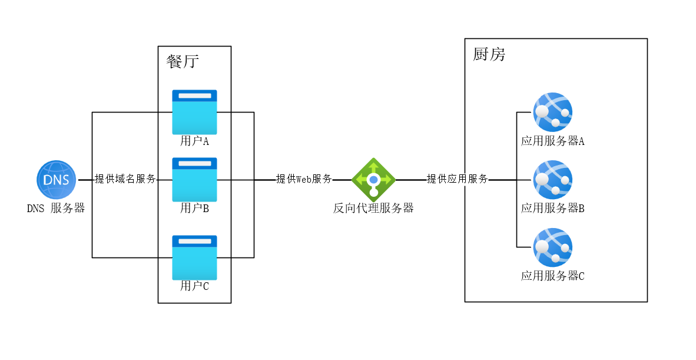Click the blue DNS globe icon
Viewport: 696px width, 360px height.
point(57,179)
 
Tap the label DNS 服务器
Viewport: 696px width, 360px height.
point(56,208)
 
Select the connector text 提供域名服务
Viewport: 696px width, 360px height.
point(125,179)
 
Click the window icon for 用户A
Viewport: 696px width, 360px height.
point(194,112)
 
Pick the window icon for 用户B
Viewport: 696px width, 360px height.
point(194,179)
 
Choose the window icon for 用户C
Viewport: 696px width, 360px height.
point(194,257)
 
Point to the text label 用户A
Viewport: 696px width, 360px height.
point(194,141)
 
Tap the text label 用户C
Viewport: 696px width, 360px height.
point(194,286)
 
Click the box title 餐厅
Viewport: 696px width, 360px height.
point(183,61)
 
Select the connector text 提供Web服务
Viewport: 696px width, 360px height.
point(304,179)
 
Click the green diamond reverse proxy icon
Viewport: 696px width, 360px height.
point(373,179)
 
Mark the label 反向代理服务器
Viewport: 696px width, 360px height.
point(373,208)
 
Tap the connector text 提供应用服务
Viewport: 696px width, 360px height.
point(458,179)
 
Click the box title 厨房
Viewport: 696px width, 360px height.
point(489,55)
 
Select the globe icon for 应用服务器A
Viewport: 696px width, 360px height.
point(552,112)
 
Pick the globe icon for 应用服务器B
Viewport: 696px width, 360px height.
point(552,179)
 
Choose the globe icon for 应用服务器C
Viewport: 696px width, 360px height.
point(552,247)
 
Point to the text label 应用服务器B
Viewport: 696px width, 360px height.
point(552,208)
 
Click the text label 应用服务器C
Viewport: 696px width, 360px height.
point(552,276)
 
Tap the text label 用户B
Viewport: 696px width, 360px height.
point(194,208)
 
